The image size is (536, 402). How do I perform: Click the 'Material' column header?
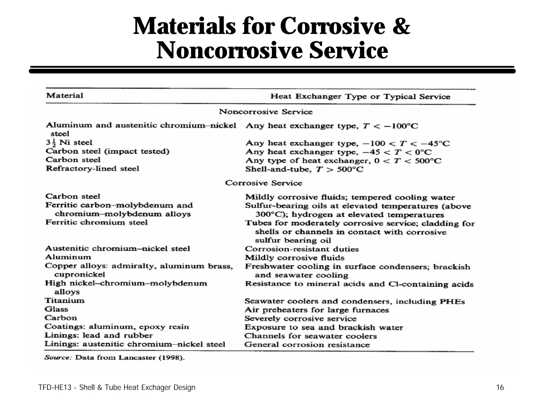click(x=64, y=95)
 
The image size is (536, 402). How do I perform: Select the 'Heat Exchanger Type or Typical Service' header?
click(x=360, y=97)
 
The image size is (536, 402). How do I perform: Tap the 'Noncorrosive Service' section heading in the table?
click(x=266, y=112)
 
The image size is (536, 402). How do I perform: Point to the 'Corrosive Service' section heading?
click(x=264, y=183)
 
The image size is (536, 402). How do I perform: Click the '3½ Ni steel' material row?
click(x=69, y=143)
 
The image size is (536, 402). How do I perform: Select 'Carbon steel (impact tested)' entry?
click(x=107, y=151)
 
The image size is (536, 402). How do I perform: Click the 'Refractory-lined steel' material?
click(x=92, y=169)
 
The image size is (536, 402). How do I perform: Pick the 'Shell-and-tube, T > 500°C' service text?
click(x=304, y=169)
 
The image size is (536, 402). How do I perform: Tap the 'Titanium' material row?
click(x=65, y=300)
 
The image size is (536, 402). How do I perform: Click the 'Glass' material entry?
click(x=56, y=309)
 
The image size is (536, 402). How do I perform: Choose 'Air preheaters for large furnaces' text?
click(x=317, y=310)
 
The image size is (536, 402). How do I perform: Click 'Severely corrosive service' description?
click(x=300, y=319)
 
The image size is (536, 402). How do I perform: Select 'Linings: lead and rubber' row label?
click(x=98, y=335)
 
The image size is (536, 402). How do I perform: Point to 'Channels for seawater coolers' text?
click(x=310, y=336)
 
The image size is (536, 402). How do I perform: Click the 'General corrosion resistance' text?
click(x=307, y=345)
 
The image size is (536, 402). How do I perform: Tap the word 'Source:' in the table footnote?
click(x=58, y=358)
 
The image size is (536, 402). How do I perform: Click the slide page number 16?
click(x=500, y=387)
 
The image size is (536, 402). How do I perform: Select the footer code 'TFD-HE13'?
click(x=54, y=387)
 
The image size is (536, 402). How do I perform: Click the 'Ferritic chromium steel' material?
click(x=96, y=222)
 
